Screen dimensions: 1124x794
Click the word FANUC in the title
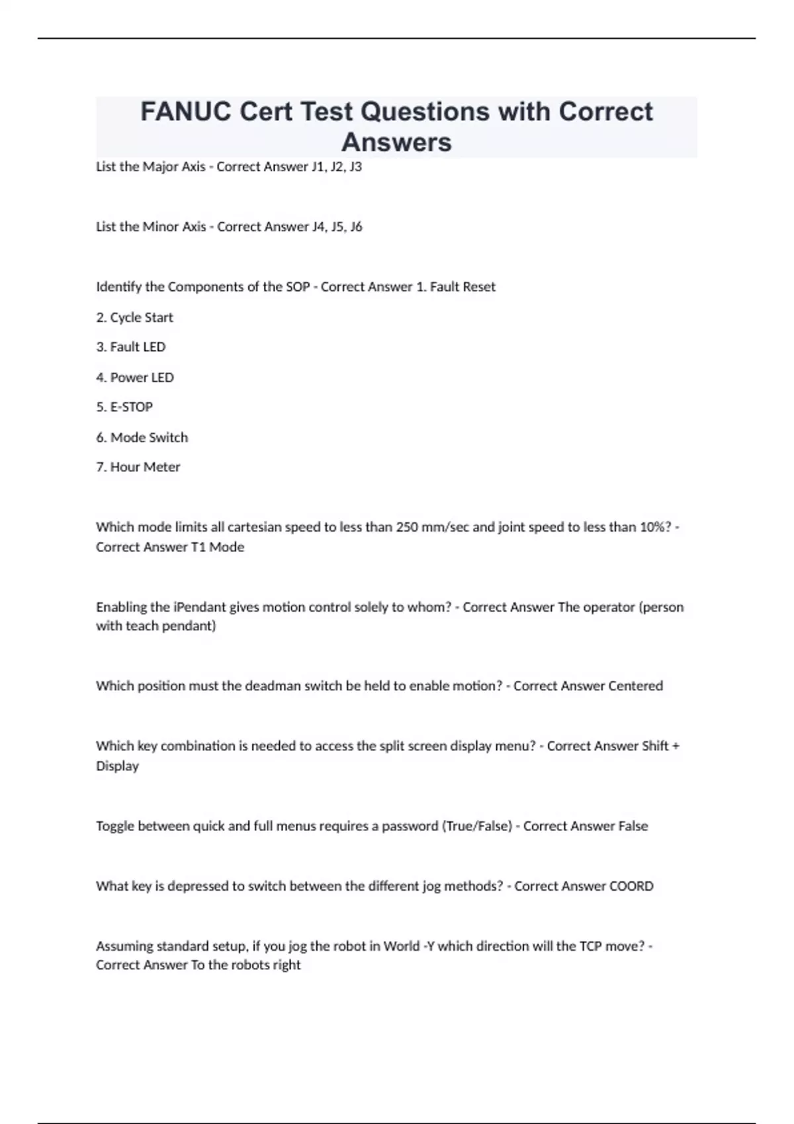186,112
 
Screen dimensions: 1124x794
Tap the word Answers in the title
396,142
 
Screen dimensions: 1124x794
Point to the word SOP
297,287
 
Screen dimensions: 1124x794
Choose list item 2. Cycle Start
134,317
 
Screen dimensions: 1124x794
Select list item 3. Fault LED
131,347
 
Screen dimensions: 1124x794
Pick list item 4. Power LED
135,378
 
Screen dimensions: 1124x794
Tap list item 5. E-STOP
124,407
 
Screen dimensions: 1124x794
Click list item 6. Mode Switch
142,438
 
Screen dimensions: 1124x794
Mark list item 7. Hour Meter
138,467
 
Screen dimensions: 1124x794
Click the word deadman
273,686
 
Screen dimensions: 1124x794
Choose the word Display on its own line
117,766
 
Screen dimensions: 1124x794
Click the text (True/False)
476,826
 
